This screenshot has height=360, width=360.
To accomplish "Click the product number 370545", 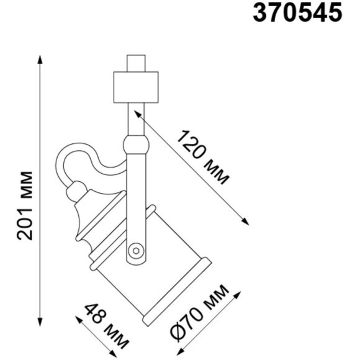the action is coord(297,13).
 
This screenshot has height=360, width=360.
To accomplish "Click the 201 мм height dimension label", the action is coord(25,205).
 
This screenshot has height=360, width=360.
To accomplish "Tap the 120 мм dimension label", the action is coord(202,158).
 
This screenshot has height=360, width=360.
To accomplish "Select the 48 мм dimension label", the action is coord(106,326).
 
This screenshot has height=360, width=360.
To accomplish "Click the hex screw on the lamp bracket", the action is coord(136,251).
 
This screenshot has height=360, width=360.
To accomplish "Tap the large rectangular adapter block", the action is coord(136,88).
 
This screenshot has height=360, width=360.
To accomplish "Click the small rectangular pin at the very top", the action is coord(136,63).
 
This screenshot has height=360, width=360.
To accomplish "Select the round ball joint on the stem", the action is coord(136,145).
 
